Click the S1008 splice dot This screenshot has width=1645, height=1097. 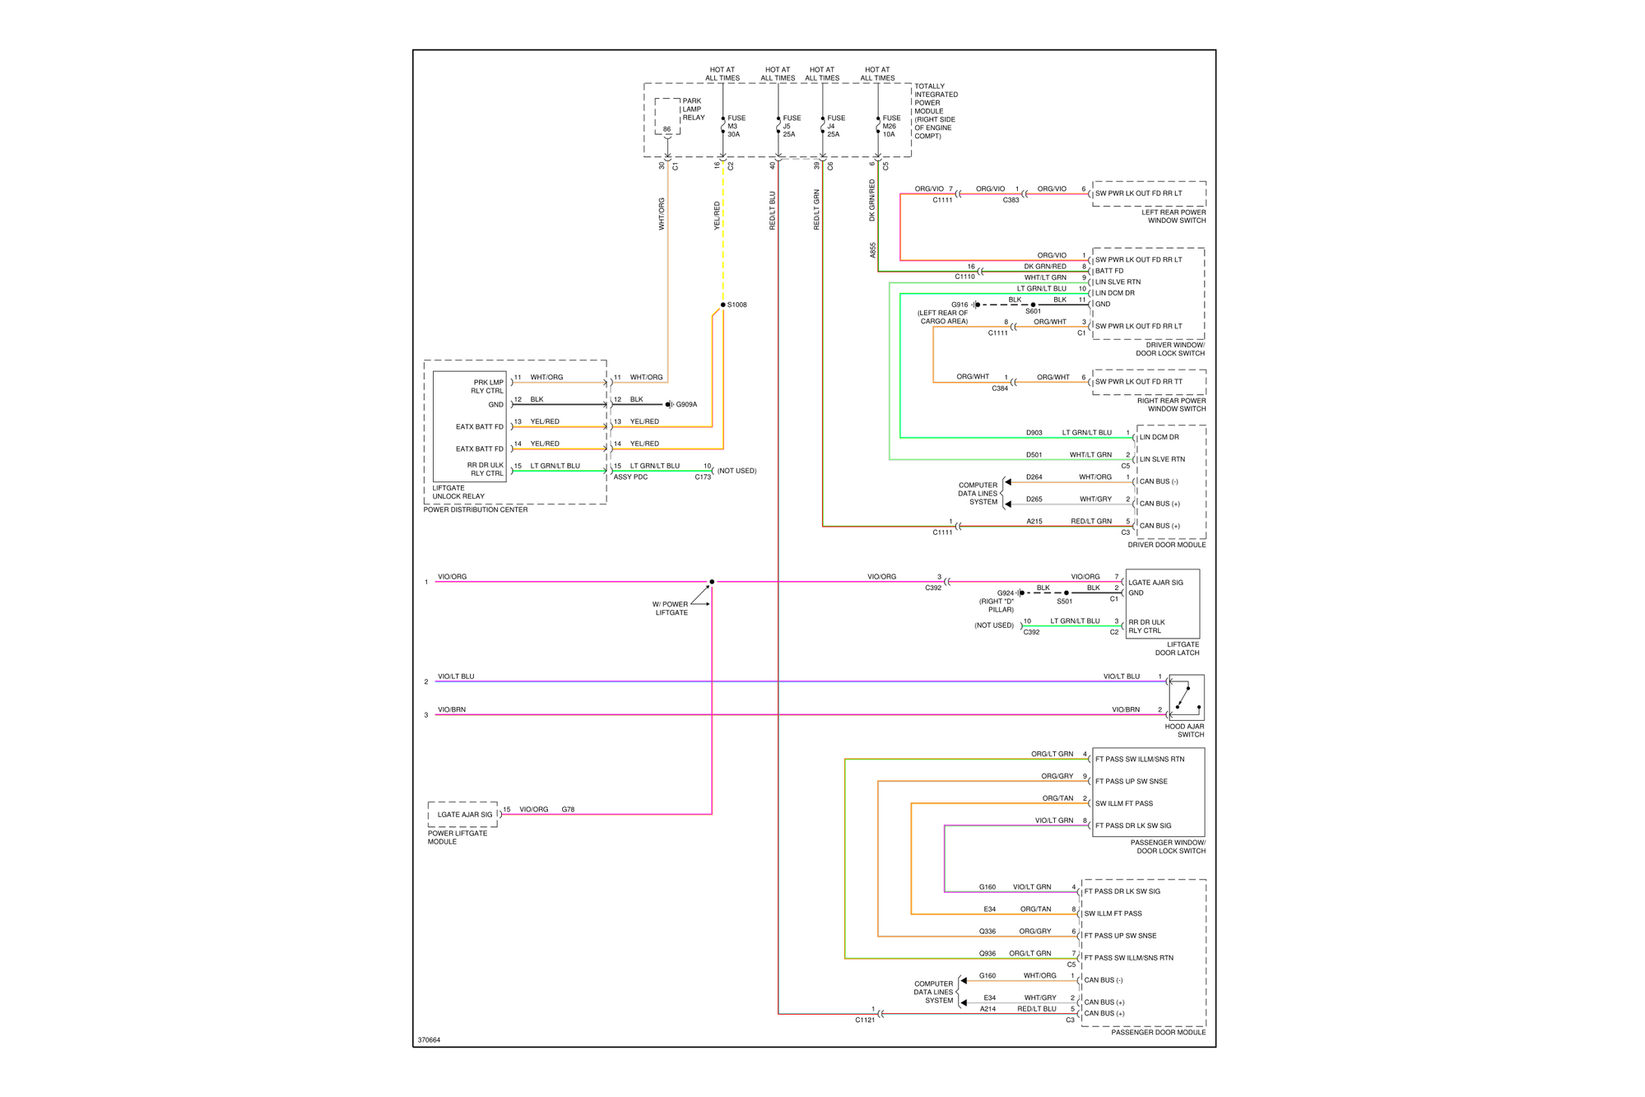click(x=723, y=304)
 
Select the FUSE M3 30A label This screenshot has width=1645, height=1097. click(x=736, y=126)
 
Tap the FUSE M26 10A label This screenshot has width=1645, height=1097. click(x=891, y=126)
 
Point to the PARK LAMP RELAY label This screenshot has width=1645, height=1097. click(x=693, y=109)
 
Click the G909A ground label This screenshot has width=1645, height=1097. click(x=686, y=404)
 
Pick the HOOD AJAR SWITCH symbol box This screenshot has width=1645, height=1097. click(x=1186, y=698)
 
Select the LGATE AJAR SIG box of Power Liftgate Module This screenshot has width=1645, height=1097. click(x=464, y=815)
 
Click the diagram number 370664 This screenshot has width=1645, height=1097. click(x=429, y=1040)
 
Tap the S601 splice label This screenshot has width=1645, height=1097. click(x=1033, y=312)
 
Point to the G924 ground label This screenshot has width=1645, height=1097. click(x=1006, y=593)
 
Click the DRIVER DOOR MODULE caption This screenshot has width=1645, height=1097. click(x=1166, y=545)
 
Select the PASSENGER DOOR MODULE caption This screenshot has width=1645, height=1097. click(x=1158, y=1032)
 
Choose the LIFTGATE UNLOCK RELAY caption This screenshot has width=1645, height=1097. click(x=458, y=492)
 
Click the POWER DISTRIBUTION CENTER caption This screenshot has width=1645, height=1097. click(x=476, y=510)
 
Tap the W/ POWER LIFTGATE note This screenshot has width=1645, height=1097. click(x=671, y=608)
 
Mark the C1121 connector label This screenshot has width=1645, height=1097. click(x=865, y=1020)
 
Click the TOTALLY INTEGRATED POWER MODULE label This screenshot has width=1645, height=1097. click(x=936, y=111)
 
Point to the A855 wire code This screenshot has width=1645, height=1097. click(x=872, y=250)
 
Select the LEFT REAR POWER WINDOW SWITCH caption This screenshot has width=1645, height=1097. click(x=1173, y=216)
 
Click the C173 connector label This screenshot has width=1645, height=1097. click(x=703, y=477)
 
